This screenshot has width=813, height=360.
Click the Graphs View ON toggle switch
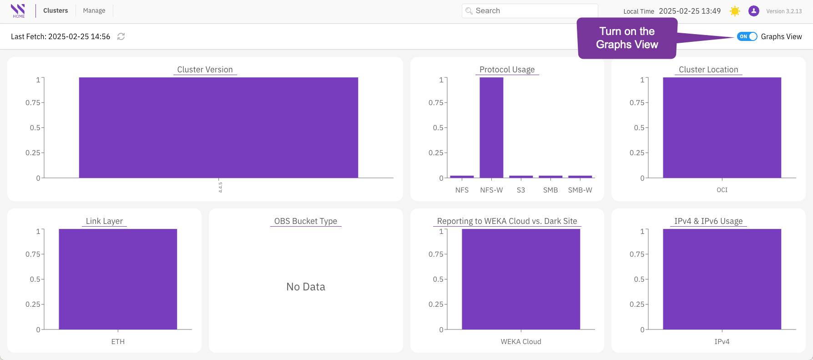click(747, 36)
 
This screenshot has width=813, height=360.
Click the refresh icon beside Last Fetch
click(121, 36)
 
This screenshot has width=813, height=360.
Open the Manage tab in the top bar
click(94, 10)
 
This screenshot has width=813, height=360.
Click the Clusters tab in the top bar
click(56, 10)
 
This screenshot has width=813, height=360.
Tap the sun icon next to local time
click(735, 11)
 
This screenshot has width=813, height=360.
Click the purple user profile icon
click(754, 11)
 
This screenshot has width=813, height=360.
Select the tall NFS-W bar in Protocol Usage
click(491, 127)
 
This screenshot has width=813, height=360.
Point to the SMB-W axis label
click(580, 190)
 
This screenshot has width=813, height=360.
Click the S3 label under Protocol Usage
click(521, 190)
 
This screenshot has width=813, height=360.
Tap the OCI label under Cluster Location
click(722, 190)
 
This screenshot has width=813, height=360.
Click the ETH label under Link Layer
click(118, 342)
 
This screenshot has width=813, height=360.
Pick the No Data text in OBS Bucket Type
click(306, 287)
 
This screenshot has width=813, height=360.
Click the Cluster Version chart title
click(205, 70)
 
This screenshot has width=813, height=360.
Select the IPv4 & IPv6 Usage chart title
click(708, 221)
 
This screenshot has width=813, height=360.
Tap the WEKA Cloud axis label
click(521, 342)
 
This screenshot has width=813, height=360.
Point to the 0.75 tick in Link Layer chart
click(33, 254)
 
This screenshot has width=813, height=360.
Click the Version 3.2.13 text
click(784, 11)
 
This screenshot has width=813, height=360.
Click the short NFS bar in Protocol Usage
click(462, 177)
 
